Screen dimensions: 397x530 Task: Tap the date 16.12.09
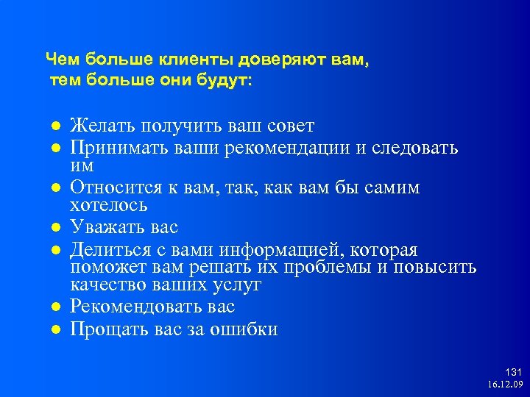[504, 384]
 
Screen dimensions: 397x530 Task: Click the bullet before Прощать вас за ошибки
[54, 329]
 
